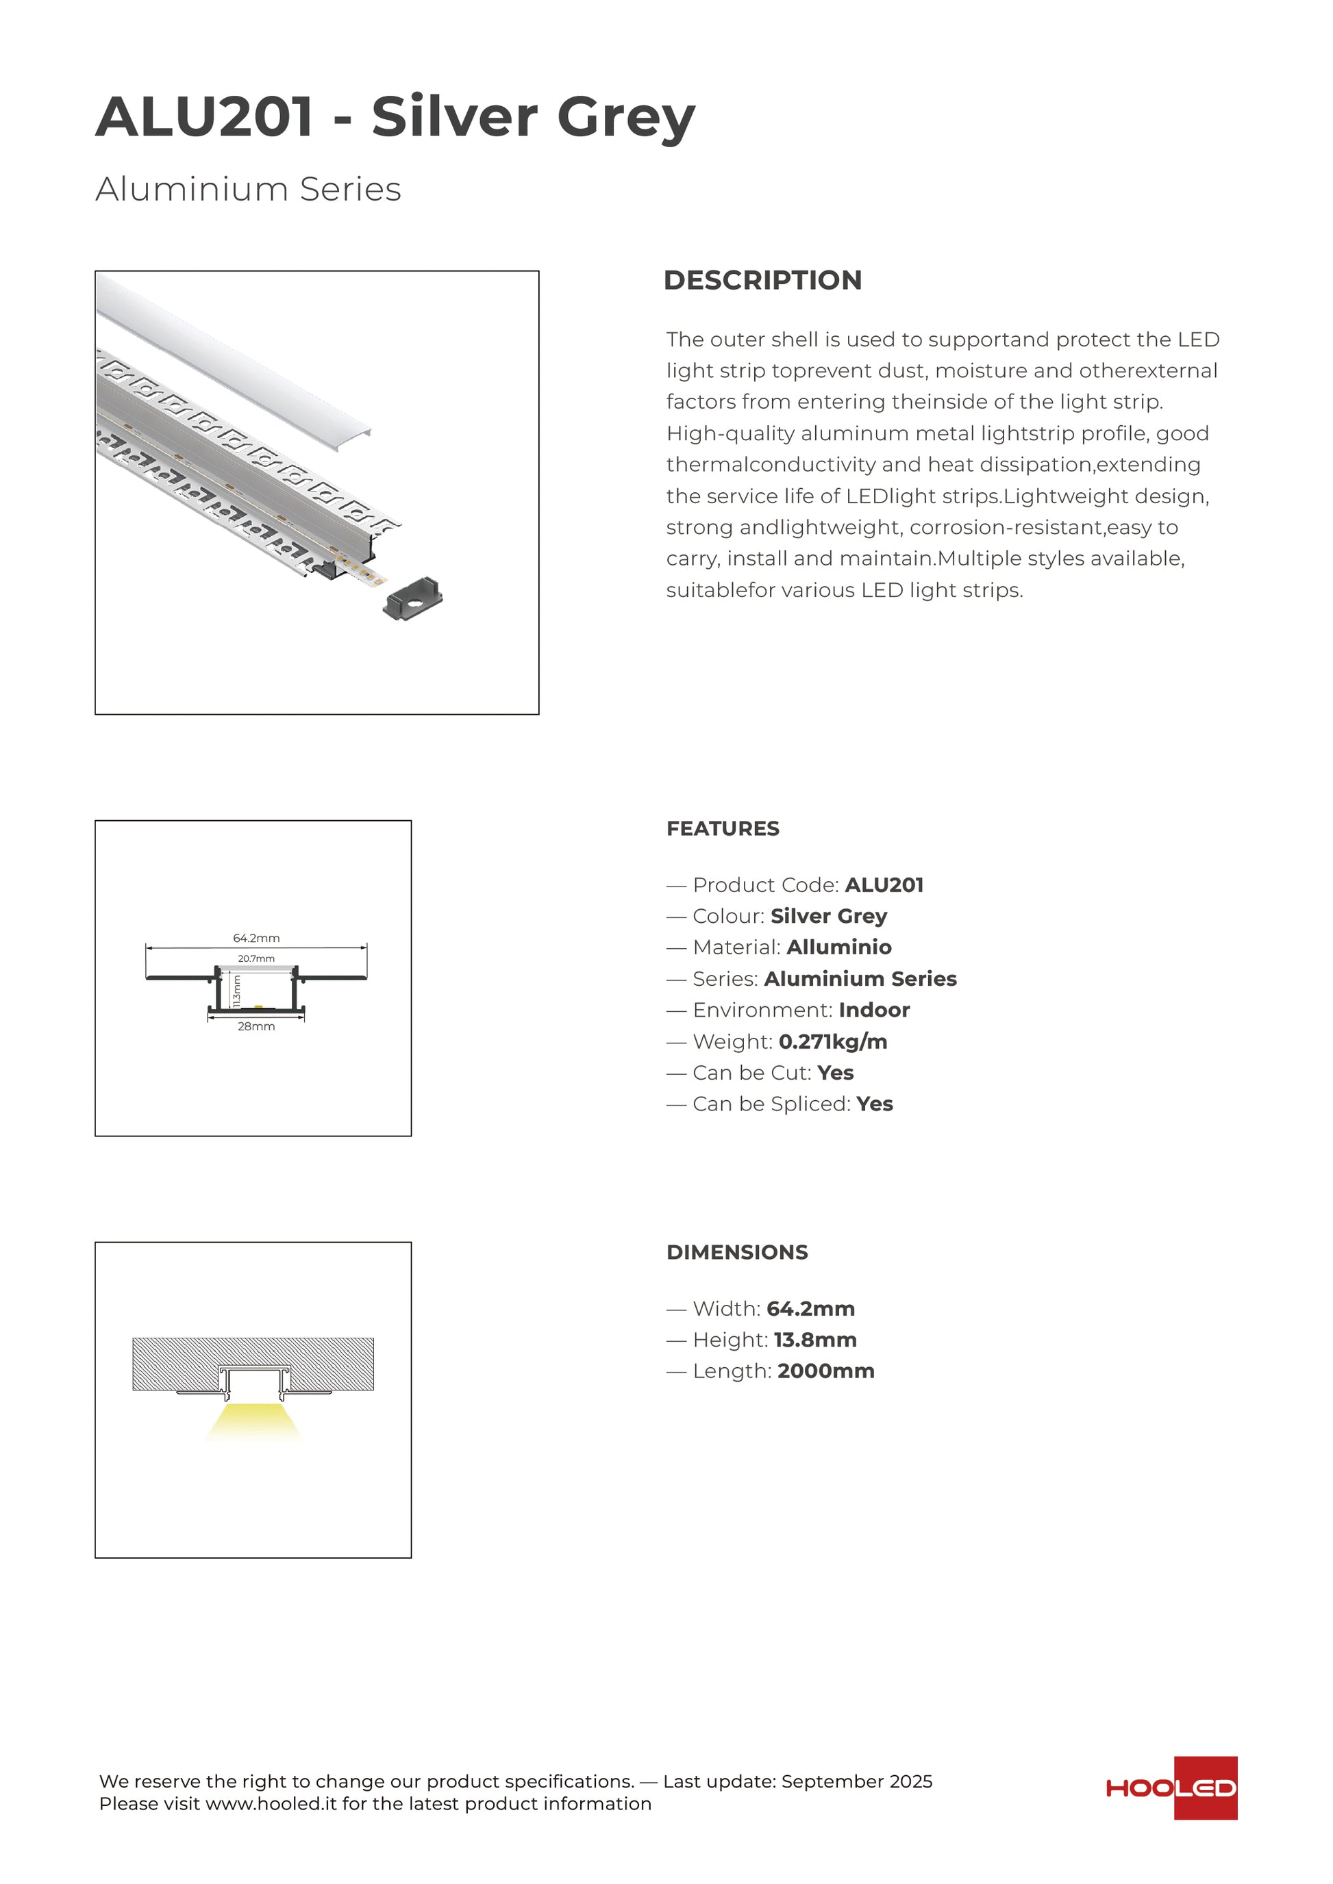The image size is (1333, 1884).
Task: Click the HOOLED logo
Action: point(1171,1787)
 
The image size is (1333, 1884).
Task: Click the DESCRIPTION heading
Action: point(762,281)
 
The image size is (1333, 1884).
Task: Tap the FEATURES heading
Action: point(722,829)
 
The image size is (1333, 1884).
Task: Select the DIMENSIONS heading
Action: point(736,1252)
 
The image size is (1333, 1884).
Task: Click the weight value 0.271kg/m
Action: point(832,1041)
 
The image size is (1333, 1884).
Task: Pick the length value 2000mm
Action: point(825,1371)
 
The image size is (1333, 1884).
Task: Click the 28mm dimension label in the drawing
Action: point(256,1026)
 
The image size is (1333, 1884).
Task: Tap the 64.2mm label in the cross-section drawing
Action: point(256,938)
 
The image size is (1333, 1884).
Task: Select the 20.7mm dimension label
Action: point(256,958)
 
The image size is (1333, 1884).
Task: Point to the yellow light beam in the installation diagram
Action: point(253,1421)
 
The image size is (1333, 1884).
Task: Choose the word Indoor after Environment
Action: point(873,1010)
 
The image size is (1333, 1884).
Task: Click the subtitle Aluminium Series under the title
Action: point(248,189)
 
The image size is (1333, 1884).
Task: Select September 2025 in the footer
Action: point(856,1781)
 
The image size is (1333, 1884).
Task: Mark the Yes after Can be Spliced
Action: point(874,1104)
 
